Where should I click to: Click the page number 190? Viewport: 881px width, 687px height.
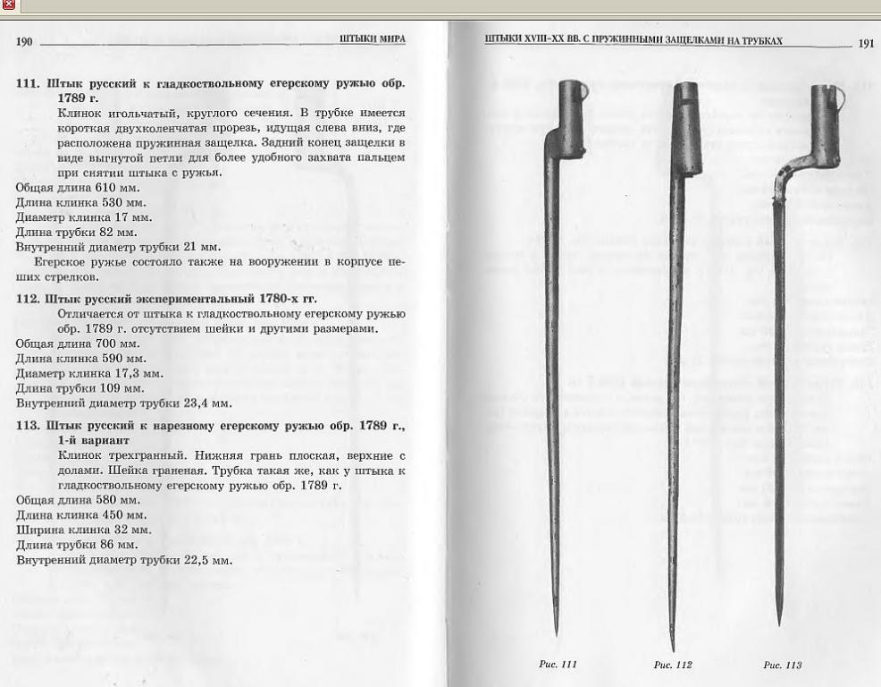point(24,42)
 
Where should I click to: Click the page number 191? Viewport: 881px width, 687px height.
point(866,43)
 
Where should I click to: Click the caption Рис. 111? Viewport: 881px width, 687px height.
point(559,664)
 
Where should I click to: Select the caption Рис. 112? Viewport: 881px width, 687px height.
point(673,665)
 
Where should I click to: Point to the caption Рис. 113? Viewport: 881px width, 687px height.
point(783,665)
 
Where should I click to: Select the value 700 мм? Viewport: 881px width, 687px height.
point(117,343)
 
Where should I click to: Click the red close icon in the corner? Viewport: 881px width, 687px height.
point(9,5)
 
